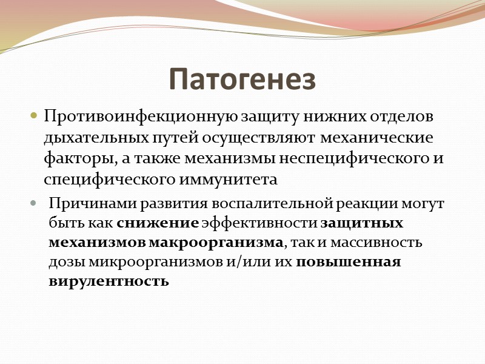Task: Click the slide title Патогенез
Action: coord(242,79)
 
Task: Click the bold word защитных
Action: coord(361,223)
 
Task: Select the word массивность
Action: coord(384,243)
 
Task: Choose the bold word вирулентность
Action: coord(109,282)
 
